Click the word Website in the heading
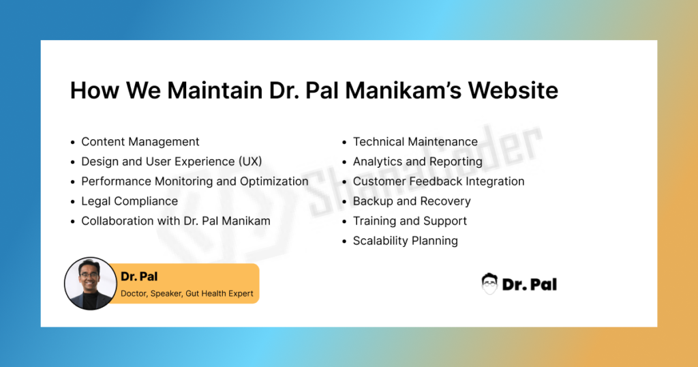513,90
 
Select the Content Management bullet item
140,142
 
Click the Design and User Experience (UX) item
171,161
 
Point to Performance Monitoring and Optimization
194,181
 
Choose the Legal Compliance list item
130,201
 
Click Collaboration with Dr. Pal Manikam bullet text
175,221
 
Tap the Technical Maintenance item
415,142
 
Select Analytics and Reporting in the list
418,162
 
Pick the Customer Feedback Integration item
438,181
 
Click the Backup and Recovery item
412,201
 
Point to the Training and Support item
410,221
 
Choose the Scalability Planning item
406,241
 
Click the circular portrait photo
91,283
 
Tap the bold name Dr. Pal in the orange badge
139,276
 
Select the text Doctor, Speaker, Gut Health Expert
187,293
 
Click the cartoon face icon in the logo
489,284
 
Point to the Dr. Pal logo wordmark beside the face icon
529,284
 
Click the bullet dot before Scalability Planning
344,241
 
